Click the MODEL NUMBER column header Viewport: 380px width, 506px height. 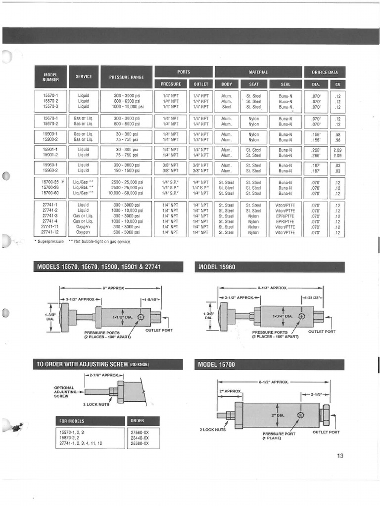(x=50, y=77)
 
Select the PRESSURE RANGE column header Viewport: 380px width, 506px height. (x=126, y=77)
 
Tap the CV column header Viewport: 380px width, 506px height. (x=337, y=84)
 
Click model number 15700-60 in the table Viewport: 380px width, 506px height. (x=50, y=193)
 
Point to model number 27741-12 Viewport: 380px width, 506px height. (x=50, y=232)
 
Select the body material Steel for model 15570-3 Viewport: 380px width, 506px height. (x=226, y=107)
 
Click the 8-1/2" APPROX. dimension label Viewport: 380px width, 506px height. (x=273, y=382)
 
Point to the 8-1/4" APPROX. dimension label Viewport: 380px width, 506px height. (x=272, y=287)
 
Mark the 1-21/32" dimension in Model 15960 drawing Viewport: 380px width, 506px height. (x=312, y=297)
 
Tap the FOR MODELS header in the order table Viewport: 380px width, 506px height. (x=72, y=421)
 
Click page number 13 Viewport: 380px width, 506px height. (x=340, y=456)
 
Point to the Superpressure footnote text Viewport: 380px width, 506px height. (x=49, y=242)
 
